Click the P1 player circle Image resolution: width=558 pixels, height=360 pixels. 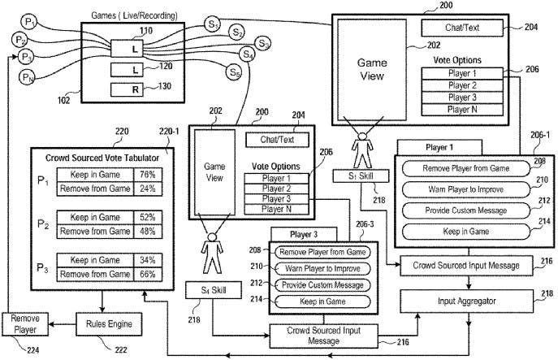click(x=28, y=22)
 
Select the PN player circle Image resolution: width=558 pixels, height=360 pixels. click(x=27, y=77)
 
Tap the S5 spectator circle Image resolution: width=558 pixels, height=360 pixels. click(x=234, y=72)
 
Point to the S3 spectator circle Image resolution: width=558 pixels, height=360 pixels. click(x=262, y=43)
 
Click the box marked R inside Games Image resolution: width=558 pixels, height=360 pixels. click(x=127, y=89)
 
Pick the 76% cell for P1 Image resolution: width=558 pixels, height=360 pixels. click(x=148, y=175)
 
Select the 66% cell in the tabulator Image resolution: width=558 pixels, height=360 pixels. click(x=148, y=275)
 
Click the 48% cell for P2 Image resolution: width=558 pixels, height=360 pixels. click(x=148, y=232)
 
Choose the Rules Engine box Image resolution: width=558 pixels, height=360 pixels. click(x=109, y=324)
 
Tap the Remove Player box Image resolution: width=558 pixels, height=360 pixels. click(x=25, y=324)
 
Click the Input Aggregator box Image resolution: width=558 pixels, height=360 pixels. click(x=466, y=301)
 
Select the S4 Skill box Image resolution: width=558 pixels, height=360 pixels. click(x=213, y=290)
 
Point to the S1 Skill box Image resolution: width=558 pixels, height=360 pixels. click(x=361, y=176)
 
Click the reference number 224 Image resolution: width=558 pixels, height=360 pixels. click(x=32, y=350)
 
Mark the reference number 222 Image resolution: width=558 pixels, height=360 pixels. click(x=121, y=350)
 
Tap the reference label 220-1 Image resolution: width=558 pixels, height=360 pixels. click(x=169, y=132)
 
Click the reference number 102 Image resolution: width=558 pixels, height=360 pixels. click(x=63, y=101)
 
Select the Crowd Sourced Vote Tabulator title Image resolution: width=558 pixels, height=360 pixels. click(x=102, y=158)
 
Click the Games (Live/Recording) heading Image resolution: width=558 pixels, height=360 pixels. click(x=134, y=15)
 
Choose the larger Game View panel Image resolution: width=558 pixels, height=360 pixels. click(x=372, y=70)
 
